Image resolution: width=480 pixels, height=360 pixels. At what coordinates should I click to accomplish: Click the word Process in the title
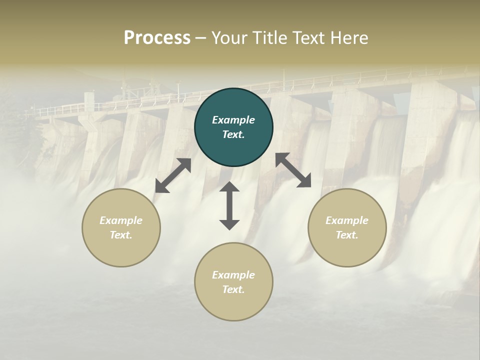click(157, 38)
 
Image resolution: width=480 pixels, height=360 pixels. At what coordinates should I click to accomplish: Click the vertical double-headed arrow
click(229, 205)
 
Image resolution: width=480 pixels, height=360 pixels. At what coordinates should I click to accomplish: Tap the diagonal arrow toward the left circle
click(173, 175)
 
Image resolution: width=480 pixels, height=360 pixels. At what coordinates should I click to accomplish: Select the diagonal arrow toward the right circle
click(293, 170)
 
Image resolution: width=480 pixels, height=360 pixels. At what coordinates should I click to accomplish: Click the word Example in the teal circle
click(233, 120)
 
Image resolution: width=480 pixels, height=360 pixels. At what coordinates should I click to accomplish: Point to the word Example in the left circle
click(121, 220)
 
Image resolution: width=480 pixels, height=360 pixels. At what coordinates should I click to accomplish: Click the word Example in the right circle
click(347, 220)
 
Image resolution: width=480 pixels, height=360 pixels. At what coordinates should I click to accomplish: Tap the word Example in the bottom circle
click(233, 275)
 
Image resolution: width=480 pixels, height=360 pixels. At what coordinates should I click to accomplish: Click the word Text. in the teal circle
click(233, 134)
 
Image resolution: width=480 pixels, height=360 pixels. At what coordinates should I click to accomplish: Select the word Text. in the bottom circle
click(233, 289)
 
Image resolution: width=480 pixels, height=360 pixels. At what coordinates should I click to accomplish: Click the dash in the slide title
click(200, 38)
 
